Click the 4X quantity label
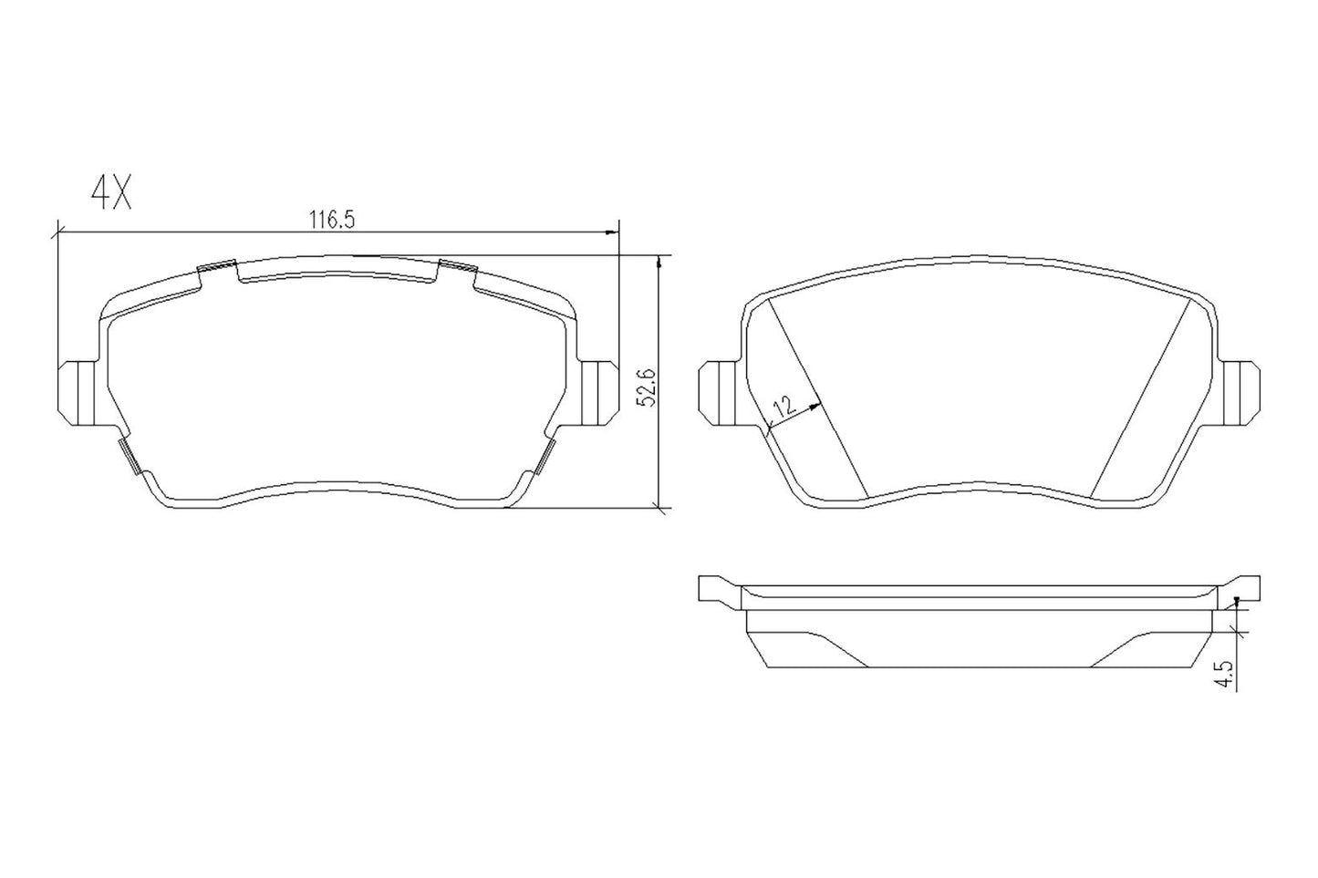pos(111,192)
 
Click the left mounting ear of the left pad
pos(77,393)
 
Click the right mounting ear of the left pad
pos(598,393)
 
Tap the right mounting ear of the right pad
pos(1240,393)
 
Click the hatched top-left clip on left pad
pos(217,267)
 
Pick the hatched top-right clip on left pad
pos(458,266)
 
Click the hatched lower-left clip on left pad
pos(129,456)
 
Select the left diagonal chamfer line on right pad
pos(817,399)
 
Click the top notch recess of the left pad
pos(337,269)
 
